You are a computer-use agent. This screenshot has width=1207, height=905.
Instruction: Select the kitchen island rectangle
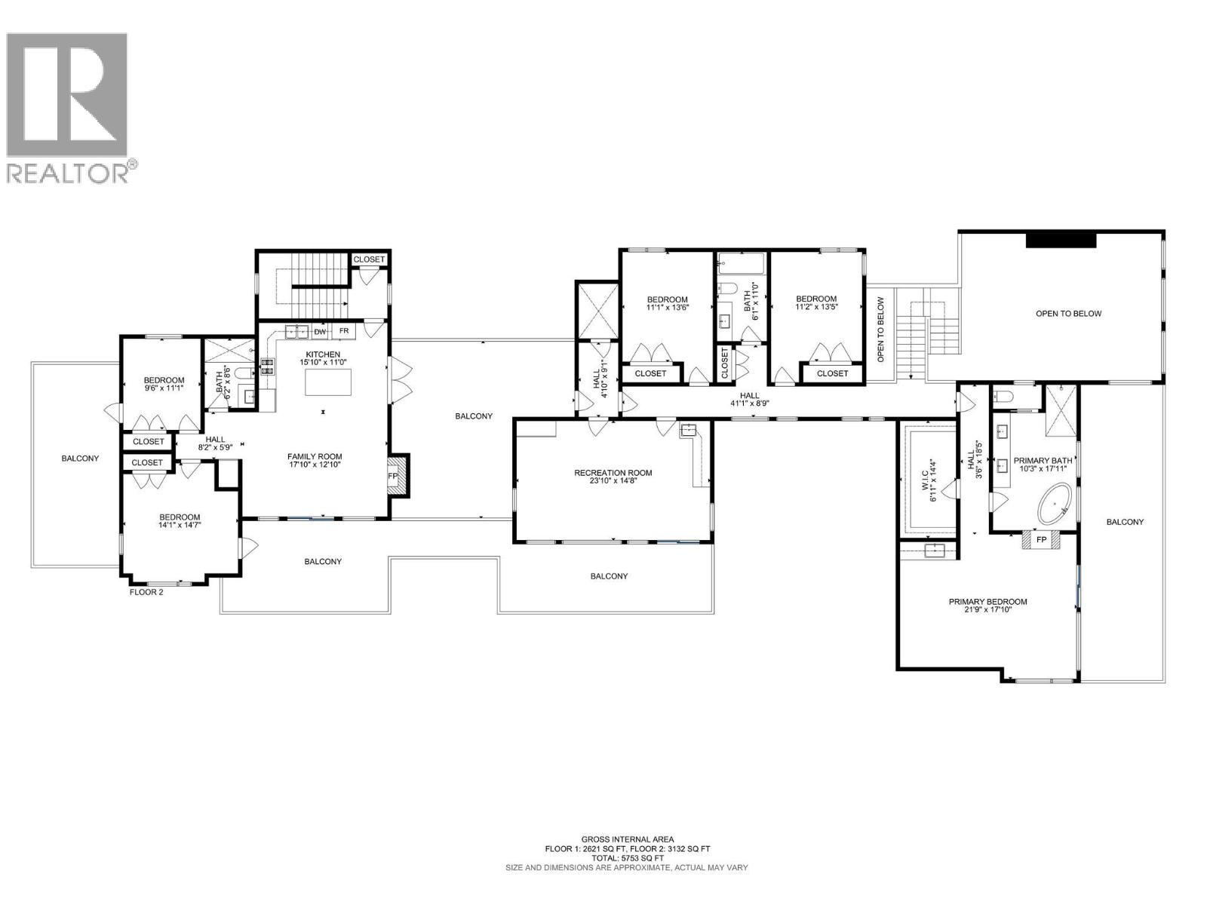(328, 382)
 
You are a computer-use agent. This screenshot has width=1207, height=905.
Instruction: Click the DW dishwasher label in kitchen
(320, 331)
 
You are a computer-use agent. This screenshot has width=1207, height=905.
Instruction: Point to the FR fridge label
(344, 331)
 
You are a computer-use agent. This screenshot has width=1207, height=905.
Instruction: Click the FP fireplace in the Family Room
(393, 477)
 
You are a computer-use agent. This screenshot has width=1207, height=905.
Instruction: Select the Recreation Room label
(613, 473)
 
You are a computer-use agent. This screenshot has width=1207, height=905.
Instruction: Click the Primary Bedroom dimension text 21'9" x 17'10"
(987, 610)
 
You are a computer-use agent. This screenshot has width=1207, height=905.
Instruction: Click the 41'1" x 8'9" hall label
(749, 399)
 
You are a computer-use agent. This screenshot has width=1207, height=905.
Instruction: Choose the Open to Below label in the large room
(1068, 314)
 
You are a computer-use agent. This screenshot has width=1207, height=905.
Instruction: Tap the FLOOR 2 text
(146, 592)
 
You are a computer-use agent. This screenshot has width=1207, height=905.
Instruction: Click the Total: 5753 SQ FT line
(628, 858)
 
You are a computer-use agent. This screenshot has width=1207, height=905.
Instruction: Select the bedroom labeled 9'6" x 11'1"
(164, 385)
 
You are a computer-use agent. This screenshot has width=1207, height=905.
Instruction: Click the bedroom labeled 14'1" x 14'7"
(180, 521)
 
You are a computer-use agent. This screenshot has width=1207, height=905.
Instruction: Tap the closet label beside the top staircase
(369, 259)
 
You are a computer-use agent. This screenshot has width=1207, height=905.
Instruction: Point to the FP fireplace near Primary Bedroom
(1042, 540)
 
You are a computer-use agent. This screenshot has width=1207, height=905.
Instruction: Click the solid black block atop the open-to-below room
(1061, 240)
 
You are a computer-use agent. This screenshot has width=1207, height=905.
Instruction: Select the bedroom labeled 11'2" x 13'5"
(816, 303)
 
